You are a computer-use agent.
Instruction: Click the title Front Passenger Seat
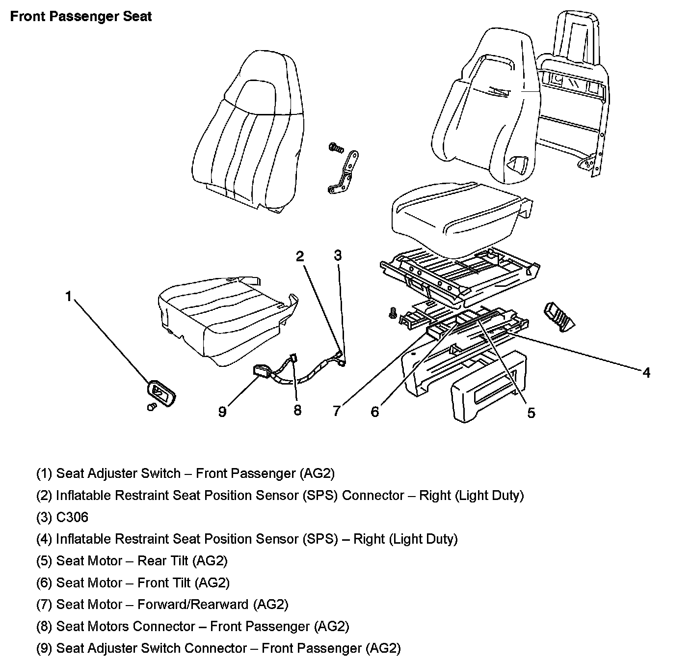(81, 16)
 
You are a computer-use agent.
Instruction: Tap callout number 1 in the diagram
(69, 296)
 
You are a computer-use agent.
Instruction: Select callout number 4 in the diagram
(646, 373)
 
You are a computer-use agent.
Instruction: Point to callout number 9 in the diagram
(222, 411)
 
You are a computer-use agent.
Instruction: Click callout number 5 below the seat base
(531, 413)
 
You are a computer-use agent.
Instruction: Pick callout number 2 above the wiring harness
(299, 256)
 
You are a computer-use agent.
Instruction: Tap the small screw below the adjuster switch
(152, 407)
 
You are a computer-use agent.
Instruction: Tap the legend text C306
(62, 517)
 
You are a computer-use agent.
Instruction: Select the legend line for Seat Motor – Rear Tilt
(132, 560)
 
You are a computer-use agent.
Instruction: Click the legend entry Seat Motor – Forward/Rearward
(162, 604)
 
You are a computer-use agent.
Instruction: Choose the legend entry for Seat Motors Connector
(192, 626)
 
